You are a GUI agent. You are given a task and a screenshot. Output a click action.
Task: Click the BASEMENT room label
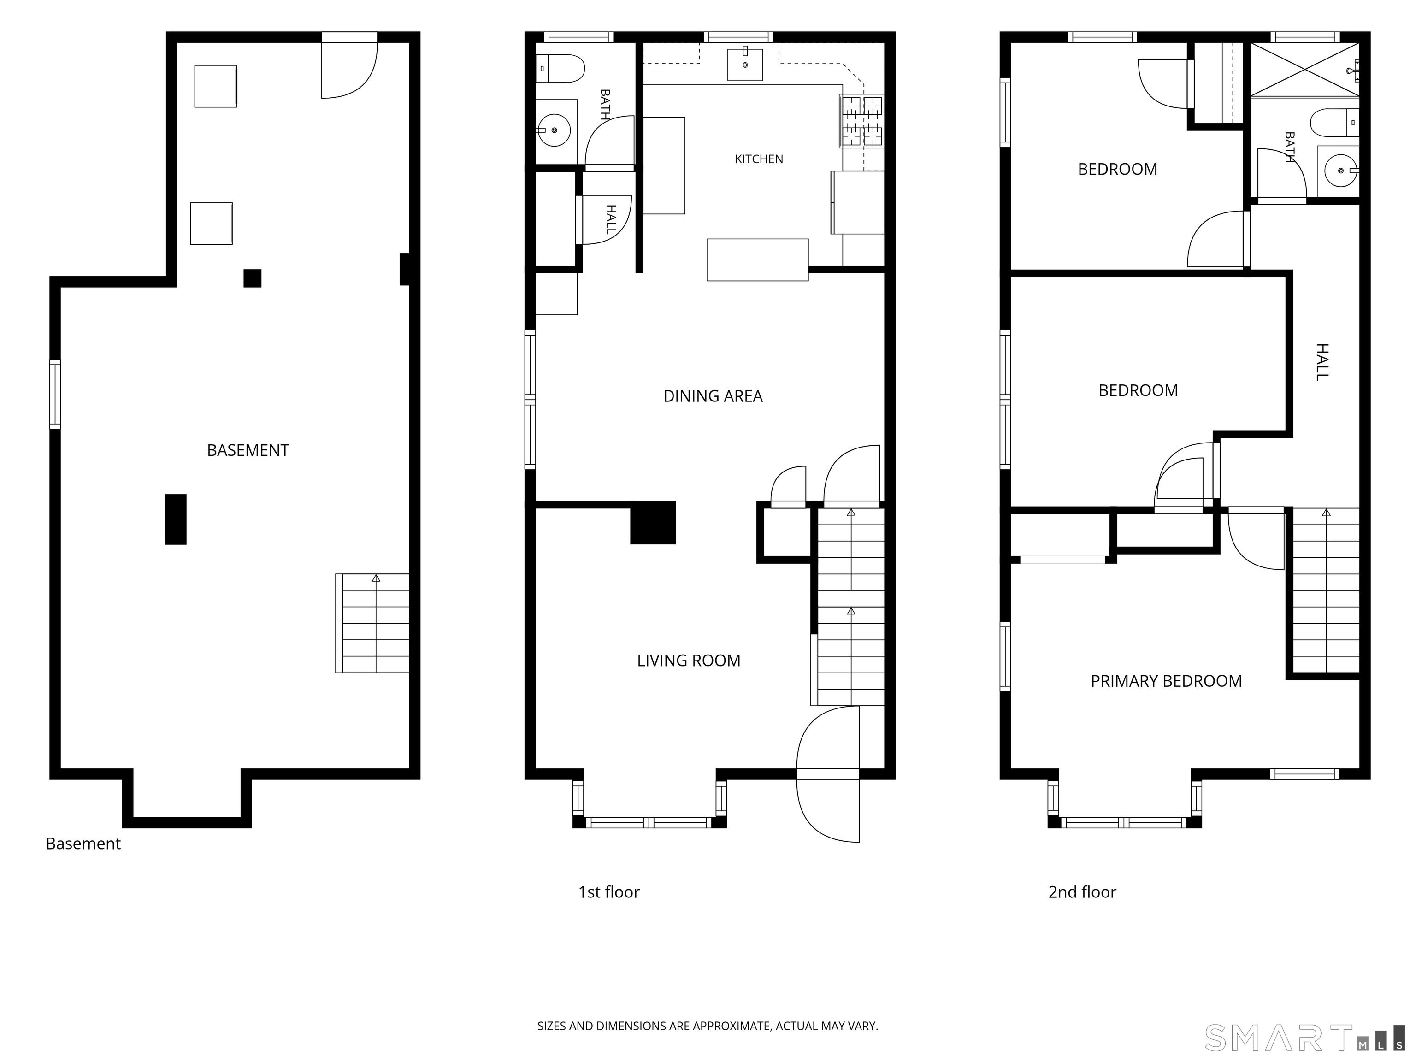[x=248, y=451]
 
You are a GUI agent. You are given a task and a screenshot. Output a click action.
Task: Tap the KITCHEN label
[x=759, y=159]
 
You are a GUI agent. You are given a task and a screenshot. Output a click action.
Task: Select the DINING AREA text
[x=713, y=396]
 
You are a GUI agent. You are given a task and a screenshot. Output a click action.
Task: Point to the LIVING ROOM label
[x=688, y=661]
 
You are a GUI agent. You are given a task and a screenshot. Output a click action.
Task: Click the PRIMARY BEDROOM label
[x=1166, y=681]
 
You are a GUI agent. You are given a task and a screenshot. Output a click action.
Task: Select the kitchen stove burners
[x=861, y=121]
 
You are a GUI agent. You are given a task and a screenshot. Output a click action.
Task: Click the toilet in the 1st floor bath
[x=560, y=69]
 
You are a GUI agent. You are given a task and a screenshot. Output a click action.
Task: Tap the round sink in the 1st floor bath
[x=554, y=130]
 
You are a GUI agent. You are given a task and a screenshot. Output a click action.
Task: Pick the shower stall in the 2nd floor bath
[x=1304, y=70]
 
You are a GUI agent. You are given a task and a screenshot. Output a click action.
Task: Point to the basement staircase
[x=372, y=623]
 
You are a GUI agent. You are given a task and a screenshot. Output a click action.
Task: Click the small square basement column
[x=252, y=278]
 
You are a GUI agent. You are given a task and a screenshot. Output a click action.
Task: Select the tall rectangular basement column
[x=176, y=519]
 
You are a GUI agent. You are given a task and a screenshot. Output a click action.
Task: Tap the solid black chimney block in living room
[x=653, y=522]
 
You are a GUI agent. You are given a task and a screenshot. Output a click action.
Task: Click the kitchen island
[x=757, y=260]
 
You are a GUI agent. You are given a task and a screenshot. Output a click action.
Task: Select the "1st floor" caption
[x=609, y=892]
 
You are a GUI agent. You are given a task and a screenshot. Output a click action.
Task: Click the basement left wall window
[x=55, y=394]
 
